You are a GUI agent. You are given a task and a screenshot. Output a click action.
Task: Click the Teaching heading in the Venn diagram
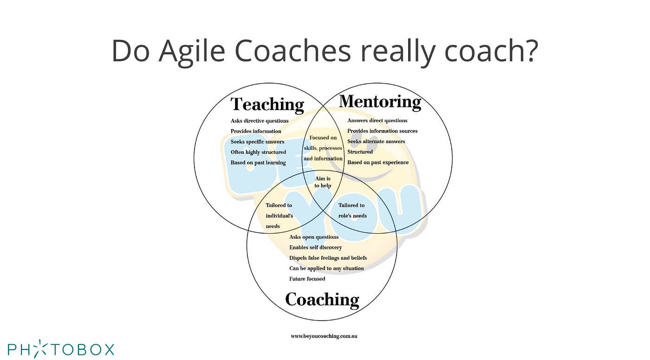(x=267, y=104)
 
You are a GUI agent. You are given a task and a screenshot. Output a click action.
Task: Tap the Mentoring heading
(x=380, y=101)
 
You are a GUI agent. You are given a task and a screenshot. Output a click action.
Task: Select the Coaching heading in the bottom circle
(x=322, y=300)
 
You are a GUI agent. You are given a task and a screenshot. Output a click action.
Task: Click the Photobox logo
(x=61, y=348)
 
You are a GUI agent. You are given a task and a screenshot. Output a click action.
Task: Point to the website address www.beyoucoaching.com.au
(x=324, y=335)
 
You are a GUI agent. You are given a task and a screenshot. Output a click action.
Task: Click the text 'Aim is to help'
(x=323, y=182)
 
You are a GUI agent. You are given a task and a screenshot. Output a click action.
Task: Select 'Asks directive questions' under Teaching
(x=260, y=121)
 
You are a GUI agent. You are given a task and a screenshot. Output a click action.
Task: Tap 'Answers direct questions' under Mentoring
(x=377, y=121)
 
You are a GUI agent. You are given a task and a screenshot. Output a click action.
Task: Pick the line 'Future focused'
(x=307, y=279)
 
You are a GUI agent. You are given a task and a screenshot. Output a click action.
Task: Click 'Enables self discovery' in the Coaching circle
(x=315, y=248)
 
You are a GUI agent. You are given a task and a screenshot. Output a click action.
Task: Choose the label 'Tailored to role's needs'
(x=352, y=210)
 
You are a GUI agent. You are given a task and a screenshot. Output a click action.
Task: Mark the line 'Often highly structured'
(x=258, y=152)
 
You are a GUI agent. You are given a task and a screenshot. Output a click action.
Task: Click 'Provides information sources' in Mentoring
(x=382, y=131)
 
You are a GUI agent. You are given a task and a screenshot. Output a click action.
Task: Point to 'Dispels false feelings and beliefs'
(x=328, y=258)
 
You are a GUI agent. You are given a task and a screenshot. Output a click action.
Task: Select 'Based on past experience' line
(x=378, y=163)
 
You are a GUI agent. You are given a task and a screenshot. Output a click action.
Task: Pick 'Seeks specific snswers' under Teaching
(x=257, y=142)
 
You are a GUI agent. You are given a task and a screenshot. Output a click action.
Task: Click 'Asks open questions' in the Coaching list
(x=314, y=237)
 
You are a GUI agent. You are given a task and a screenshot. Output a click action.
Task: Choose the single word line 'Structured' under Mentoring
(x=360, y=152)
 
